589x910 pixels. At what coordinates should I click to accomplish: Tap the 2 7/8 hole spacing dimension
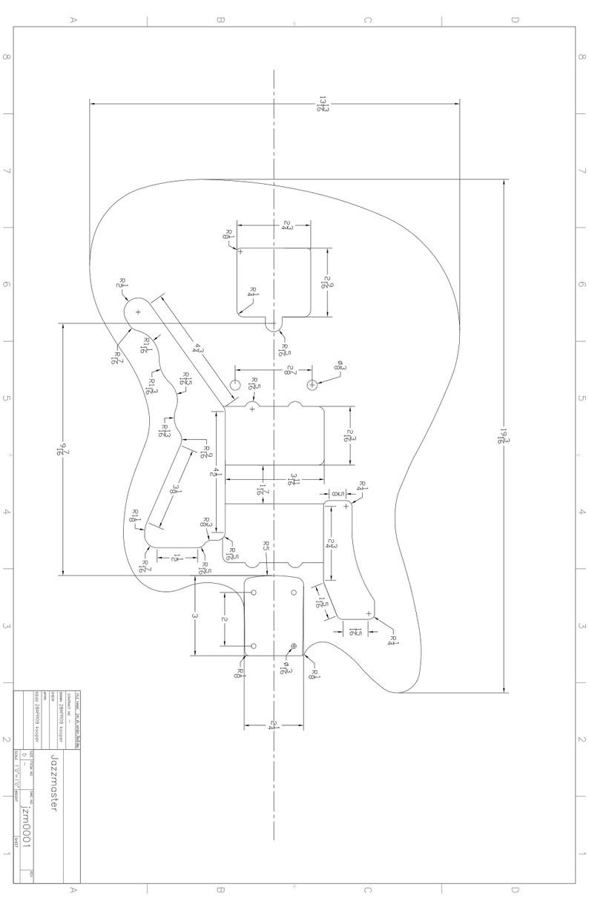288,370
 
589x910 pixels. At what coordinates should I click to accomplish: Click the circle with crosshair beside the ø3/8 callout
312,384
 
